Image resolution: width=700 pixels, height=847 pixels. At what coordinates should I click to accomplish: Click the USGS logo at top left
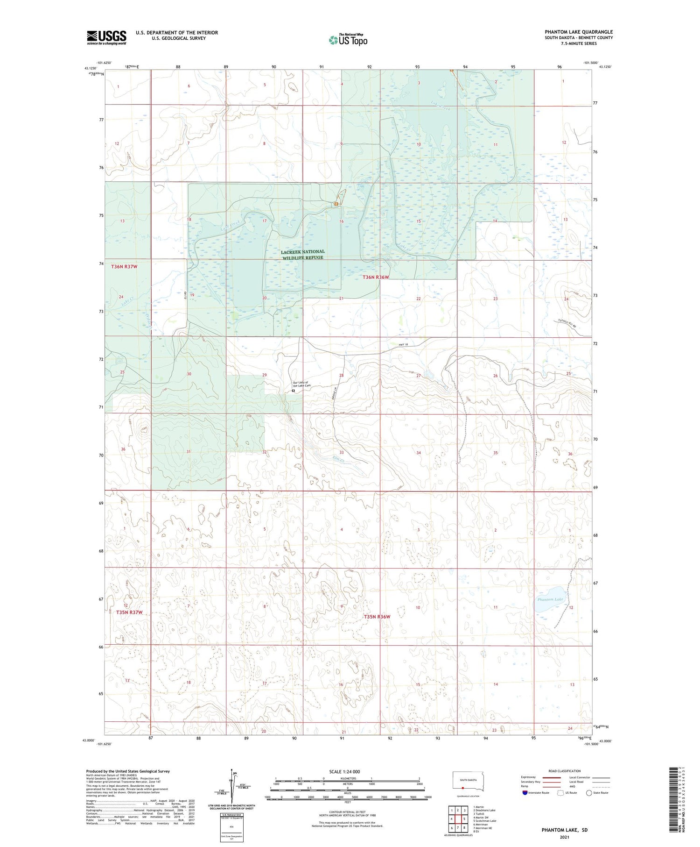(106, 37)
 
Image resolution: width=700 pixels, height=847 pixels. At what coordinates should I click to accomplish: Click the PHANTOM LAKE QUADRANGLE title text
(579, 32)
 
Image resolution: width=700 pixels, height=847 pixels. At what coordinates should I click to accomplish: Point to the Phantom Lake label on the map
(550, 599)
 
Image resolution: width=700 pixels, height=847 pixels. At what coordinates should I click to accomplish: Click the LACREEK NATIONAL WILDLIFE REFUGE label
(303, 255)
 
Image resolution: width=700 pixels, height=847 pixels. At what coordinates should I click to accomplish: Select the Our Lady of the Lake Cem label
(301, 384)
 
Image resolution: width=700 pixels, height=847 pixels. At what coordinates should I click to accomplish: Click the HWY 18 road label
(404, 345)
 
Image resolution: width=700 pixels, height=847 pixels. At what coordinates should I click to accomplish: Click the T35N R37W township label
(129, 612)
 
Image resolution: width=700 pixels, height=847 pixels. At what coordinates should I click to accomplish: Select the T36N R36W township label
(376, 278)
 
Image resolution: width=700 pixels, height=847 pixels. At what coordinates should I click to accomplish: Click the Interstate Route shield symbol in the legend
(525, 793)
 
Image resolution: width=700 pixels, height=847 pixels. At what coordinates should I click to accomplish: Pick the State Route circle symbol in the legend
(589, 793)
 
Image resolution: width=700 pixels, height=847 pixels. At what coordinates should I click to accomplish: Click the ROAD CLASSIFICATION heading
(565, 771)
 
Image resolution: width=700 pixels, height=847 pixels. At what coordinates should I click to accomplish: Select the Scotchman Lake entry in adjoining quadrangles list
(485, 820)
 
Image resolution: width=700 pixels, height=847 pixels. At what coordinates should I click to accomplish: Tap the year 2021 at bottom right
(564, 837)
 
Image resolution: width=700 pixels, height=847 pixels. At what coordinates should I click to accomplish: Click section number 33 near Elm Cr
(342, 452)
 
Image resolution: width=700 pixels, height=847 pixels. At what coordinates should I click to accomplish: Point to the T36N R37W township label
(124, 266)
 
